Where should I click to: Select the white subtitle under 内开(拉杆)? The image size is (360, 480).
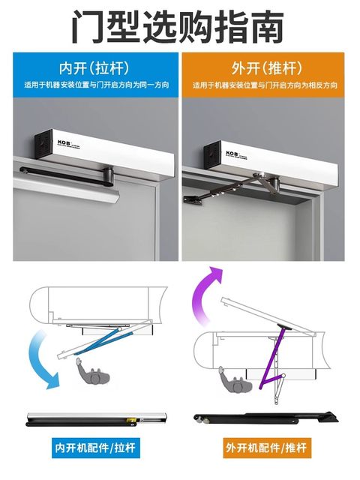(x=95, y=85)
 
